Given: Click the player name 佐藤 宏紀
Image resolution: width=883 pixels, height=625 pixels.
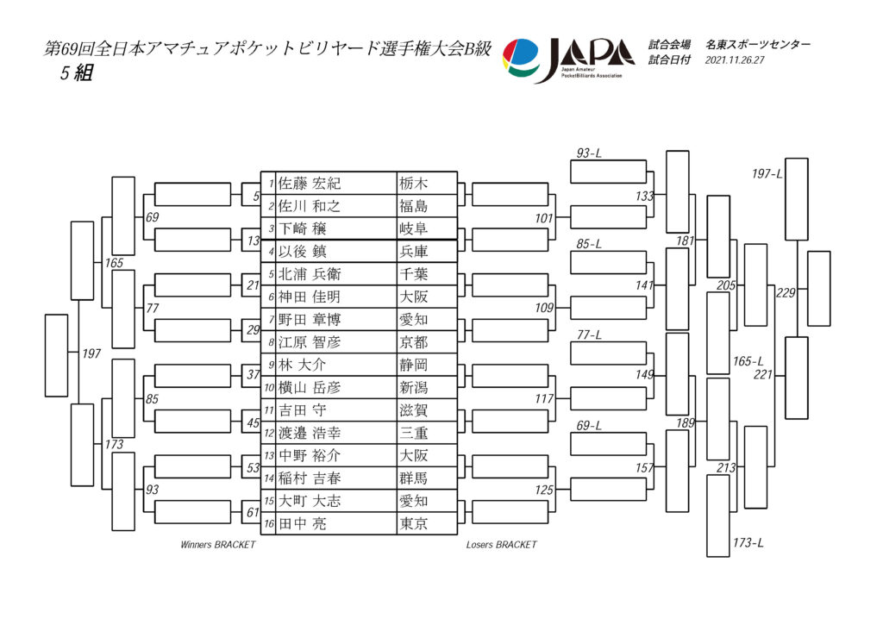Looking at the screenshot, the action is tap(310, 184).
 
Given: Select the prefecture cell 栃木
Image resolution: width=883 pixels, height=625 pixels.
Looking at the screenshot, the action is tap(413, 184).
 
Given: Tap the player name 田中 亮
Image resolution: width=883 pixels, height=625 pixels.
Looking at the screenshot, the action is tap(303, 523).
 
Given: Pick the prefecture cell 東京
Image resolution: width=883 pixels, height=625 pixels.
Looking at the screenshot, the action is tap(413, 523).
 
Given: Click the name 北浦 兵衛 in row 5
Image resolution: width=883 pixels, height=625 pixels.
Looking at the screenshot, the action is tap(310, 274).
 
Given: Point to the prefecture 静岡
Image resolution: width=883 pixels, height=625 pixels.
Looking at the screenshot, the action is tap(413, 365).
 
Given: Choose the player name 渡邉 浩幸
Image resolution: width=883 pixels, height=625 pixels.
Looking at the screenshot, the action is tap(310, 433).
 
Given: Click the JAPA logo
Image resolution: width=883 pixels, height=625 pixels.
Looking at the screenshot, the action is tap(569, 59).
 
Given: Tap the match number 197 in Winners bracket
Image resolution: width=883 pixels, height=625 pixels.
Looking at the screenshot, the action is tap(91, 353).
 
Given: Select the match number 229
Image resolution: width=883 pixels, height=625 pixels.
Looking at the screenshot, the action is tap(786, 293).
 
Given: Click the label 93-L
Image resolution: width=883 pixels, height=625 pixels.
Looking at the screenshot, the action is tap(589, 153).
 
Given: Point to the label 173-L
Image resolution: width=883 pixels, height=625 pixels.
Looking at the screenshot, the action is tap(748, 543).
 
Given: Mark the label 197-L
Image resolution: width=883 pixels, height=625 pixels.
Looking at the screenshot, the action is tap(767, 174).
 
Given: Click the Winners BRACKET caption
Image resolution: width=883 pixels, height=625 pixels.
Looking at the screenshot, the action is tap(218, 545).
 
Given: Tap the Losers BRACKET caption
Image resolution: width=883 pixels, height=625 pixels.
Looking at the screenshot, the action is tap(501, 545).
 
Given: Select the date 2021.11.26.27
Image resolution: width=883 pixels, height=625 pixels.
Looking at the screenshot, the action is tap(735, 60).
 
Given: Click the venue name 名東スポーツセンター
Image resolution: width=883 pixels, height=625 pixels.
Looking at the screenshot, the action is tap(757, 45).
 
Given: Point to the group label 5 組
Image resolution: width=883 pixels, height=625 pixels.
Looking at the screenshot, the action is tap(76, 73).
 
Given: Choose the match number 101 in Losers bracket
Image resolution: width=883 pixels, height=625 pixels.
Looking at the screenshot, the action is tap(544, 218).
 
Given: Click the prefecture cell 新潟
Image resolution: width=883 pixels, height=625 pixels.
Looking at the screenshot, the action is tap(413, 387).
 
